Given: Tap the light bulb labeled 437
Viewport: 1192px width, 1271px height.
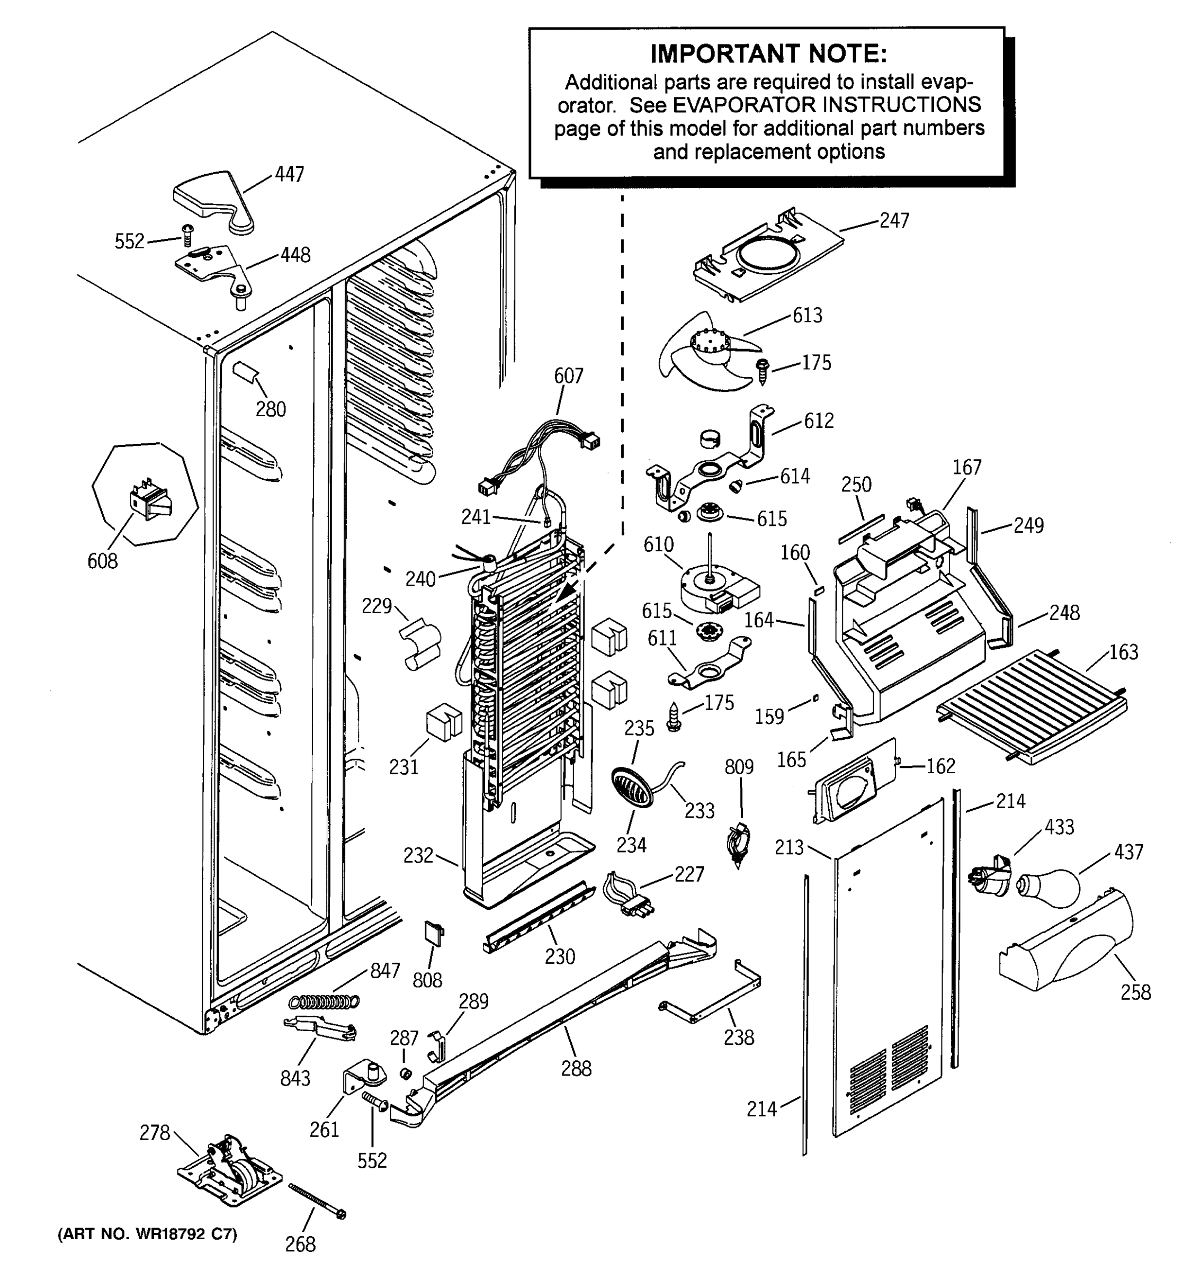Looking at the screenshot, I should coord(1048,888).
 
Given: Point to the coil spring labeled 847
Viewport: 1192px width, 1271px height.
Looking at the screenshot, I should coord(325,1002).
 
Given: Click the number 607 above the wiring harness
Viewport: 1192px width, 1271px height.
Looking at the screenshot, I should coord(568,375).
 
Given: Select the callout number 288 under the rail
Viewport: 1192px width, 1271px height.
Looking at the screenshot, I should coord(576,1068).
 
